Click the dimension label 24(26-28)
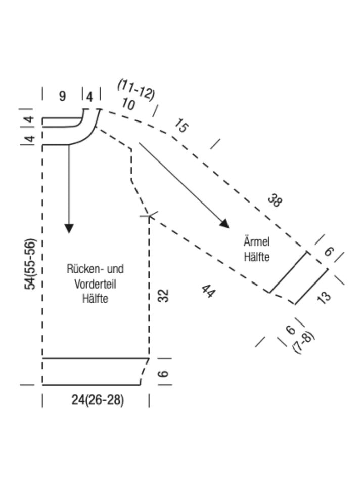pos(98,400)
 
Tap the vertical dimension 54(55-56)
pos(30,264)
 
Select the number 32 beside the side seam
pos(164,295)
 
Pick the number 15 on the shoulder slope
pos(181,126)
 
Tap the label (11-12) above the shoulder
pos(136,90)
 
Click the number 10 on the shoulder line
pos(128,104)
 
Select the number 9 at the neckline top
pos(62,96)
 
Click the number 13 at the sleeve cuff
pos(324,298)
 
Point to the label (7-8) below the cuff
pos(303,343)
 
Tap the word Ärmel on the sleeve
pos(257,241)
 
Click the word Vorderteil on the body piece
pos(96,284)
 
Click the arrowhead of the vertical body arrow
pos(69,228)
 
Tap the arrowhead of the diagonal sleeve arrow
pos(224,223)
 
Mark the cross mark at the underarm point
pos(149,215)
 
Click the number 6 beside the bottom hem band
pos(163,373)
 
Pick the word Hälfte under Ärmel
pos(257,257)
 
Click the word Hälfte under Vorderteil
pos(96,299)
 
